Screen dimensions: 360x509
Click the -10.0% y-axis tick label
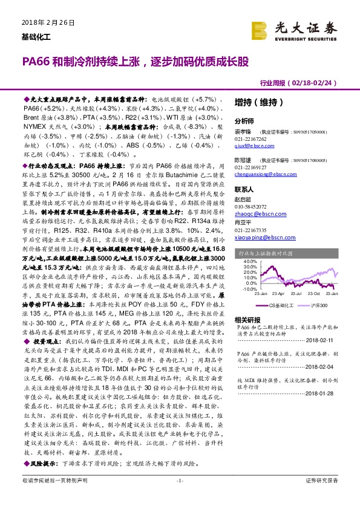tap(245, 289)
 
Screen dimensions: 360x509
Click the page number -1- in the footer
tap(179, 497)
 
